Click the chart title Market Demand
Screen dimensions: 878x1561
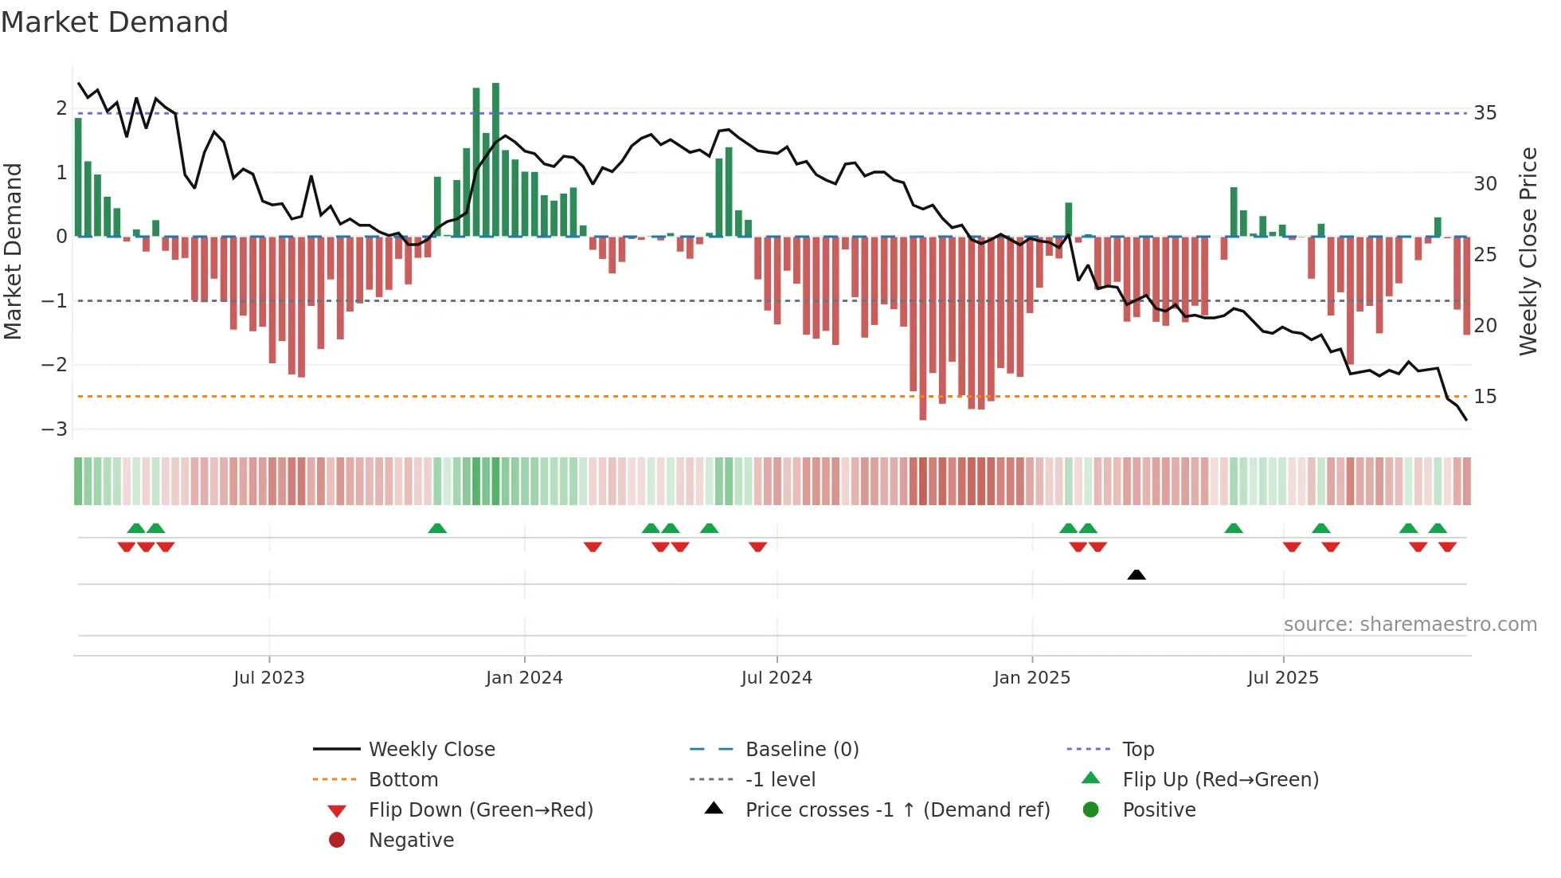point(115,22)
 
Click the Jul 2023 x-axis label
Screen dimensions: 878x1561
point(269,678)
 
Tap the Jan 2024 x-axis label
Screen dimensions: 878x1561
point(524,678)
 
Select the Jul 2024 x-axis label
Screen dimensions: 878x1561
point(777,678)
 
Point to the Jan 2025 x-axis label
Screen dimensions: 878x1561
point(1032,678)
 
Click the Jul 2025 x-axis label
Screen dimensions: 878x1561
point(1283,678)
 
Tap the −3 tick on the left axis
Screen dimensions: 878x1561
point(55,429)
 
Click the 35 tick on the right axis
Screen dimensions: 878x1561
point(1485,113)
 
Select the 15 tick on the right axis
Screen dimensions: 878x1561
point(1485,397)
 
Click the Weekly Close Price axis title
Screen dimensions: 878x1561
point(1528,251)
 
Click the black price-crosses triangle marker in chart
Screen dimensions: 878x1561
point(1137,574)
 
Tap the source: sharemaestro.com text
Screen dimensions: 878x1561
point(1410,625)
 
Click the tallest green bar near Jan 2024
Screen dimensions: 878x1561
point(495,159)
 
